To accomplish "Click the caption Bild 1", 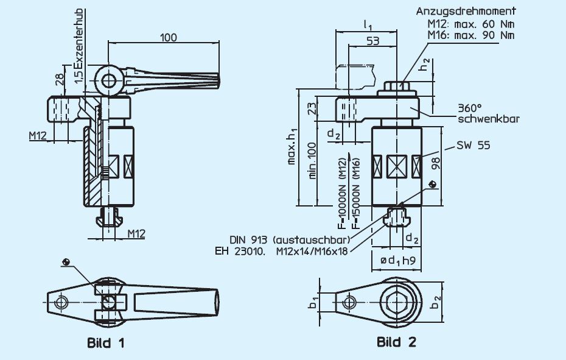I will coord(105,343).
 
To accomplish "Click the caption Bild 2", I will coord(396,342).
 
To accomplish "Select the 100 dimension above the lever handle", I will coord(169,37).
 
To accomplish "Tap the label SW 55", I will coord(474,146).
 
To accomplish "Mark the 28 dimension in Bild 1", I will coord(59,80).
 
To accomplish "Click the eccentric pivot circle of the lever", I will coord(109,81).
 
